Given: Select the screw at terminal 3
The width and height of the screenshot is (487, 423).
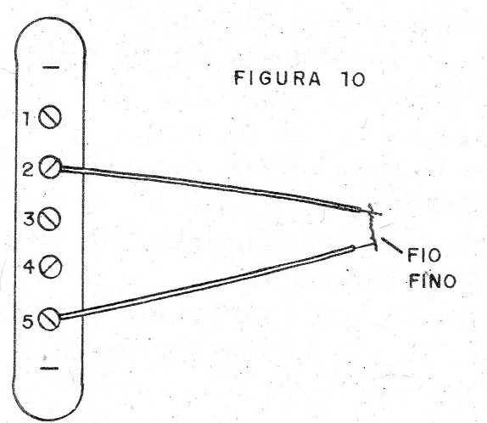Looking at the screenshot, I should (49, 219).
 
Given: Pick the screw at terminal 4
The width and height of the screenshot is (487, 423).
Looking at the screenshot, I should (51, 268).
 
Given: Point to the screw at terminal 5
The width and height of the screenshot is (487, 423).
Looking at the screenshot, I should (50, 320).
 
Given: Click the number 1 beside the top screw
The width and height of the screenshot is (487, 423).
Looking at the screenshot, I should (29, 121).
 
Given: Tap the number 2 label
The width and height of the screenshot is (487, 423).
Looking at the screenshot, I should (28, 168).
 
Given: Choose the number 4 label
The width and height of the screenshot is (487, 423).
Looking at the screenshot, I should (28, 268).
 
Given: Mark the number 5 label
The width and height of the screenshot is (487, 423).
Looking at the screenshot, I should (28, 320).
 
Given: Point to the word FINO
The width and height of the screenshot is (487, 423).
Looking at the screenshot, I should (432, 279).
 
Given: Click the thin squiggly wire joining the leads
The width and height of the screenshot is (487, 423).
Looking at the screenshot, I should (372, 229).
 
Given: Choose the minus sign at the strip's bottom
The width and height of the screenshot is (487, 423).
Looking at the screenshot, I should (49, 369).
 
